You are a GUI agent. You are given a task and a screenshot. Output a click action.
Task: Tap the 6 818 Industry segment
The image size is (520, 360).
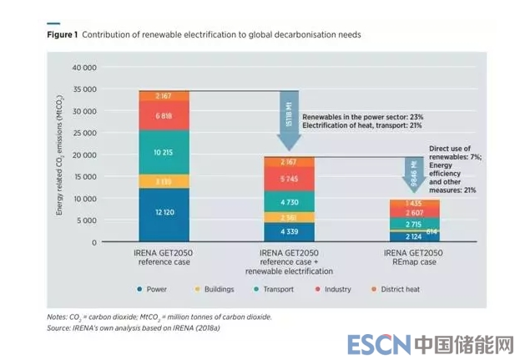(x=164, y=116)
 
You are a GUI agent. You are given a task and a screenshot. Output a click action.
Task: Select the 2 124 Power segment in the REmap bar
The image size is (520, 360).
(x=414, y=236)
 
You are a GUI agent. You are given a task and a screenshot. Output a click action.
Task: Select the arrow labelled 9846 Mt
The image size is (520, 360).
(x=414, y=177)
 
